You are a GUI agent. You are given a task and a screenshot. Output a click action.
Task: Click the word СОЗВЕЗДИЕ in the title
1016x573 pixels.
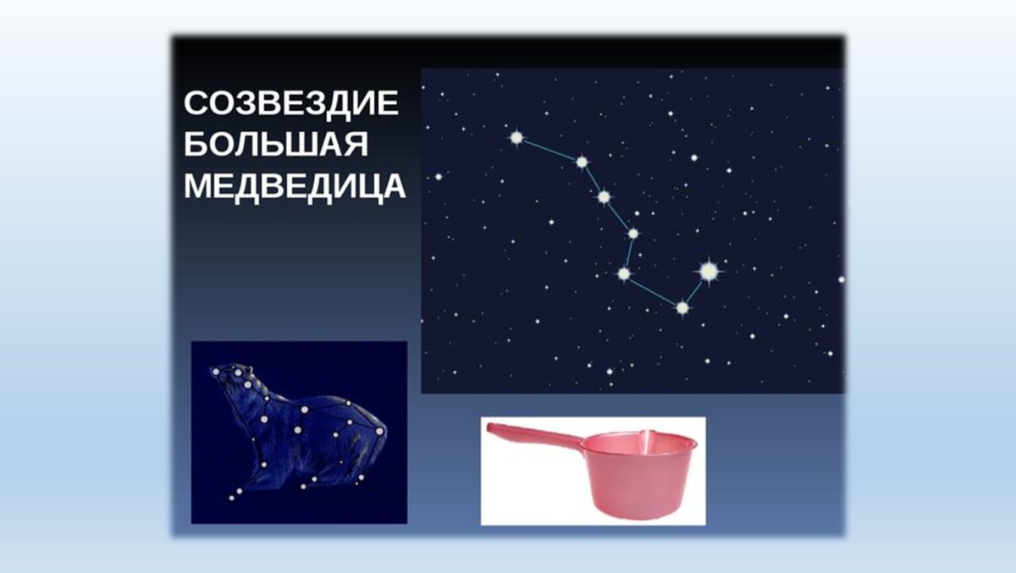(290, 105)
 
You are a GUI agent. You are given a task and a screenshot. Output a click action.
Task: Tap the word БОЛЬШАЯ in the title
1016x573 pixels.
(276, 146)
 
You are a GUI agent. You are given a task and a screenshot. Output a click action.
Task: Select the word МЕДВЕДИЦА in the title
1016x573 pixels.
(295, 186)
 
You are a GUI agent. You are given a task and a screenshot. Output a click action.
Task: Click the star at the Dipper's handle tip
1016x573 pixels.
(516, 137)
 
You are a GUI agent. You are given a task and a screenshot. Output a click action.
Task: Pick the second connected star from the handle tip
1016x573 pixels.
(582, 162)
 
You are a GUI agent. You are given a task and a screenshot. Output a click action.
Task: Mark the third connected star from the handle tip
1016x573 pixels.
(604, 197)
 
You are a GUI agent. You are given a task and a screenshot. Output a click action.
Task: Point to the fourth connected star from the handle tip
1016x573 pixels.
(632, 233)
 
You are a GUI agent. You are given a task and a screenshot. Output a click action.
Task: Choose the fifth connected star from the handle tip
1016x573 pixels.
(624, 273)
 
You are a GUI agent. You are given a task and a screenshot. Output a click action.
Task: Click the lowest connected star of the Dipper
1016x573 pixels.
(682, 307)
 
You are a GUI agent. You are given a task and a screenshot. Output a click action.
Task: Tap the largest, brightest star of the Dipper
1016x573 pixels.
(709, 271)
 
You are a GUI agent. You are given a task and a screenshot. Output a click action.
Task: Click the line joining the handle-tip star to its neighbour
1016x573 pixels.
(549, 149)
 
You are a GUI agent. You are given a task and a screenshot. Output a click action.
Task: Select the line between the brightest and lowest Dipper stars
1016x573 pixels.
(695, 289)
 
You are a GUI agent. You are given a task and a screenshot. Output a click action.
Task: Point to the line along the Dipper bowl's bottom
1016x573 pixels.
(653, 290)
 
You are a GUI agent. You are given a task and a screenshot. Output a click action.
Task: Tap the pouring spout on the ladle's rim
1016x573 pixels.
(648, 438)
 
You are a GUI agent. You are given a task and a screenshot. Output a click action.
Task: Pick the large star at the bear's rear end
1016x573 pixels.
(379, 431)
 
